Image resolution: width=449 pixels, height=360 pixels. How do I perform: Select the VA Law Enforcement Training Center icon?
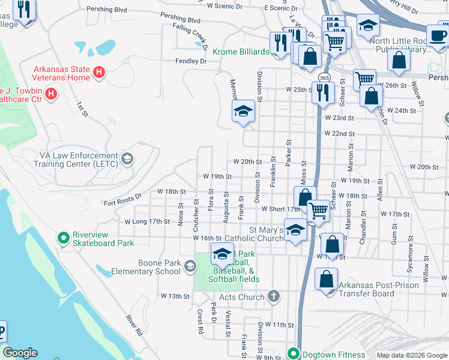127,158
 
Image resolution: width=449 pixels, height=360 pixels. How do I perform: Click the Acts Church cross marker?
273,296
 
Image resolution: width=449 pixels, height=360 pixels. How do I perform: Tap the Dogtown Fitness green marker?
294,353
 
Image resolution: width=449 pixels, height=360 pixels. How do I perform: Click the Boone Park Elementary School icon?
190,266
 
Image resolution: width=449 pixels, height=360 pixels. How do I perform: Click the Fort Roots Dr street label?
122,197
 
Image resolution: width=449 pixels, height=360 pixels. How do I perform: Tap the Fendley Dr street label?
191,61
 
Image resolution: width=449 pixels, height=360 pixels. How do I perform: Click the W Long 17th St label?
147,221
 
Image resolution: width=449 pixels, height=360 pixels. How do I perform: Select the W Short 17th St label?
280,209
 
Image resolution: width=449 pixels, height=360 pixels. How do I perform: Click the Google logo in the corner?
20,353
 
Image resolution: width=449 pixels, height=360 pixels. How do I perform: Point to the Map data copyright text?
411,355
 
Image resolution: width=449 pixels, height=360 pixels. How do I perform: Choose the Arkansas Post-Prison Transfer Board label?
375,289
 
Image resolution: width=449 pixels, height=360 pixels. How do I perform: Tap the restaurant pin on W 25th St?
323,92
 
